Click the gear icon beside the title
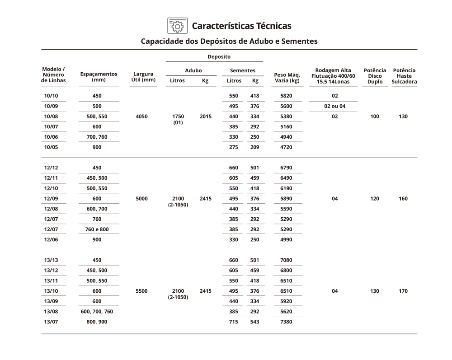pyautogui.click(x=177, y=26)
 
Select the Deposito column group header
pyautogui.click(x=219, y=57)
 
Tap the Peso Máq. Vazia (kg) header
pyautogui.click(x=287, y=78)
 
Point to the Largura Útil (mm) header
pyautogui.click(x=143, y=77)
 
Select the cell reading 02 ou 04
pyautogui.click(x=334, y=106)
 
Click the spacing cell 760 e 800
pyautogui.click(x=97, y=229)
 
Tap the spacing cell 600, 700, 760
pyautogui.click(x=97, y=312)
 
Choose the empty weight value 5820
pyautogui.click(x=287, y=96)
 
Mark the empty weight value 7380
pyautogui.click(x=287, y=322)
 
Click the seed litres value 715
pyautogui.click(x=233, y=322)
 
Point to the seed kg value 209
pyautogui.click(x=254, y=147)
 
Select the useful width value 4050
pyautogui.click(x=141, y=117)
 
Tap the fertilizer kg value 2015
pyautogui.click(x=205, y=117)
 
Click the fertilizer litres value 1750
pyautogui.click(x=178, y=117)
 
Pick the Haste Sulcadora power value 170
pyautogui.click(x=403, y=291)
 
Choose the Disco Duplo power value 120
pyautogui.click(x=375, y=199)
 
